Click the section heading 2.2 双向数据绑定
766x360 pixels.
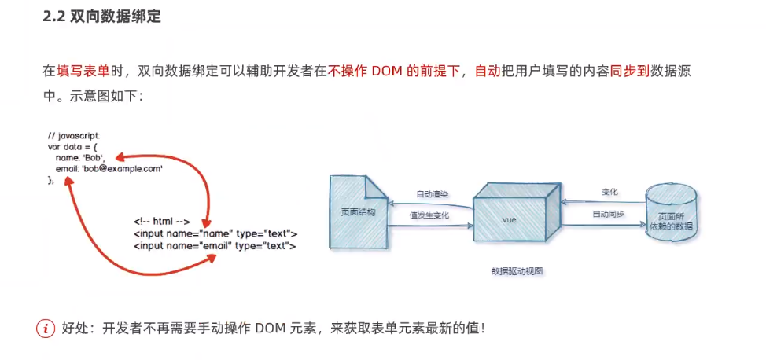click(x=102, y=17)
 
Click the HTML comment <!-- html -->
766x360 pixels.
click(x=161, y=222)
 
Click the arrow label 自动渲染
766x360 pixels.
click(x=431, y=193)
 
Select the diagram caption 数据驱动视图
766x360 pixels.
click(x=517, y=271)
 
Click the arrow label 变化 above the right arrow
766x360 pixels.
click(x=609, y=192)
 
